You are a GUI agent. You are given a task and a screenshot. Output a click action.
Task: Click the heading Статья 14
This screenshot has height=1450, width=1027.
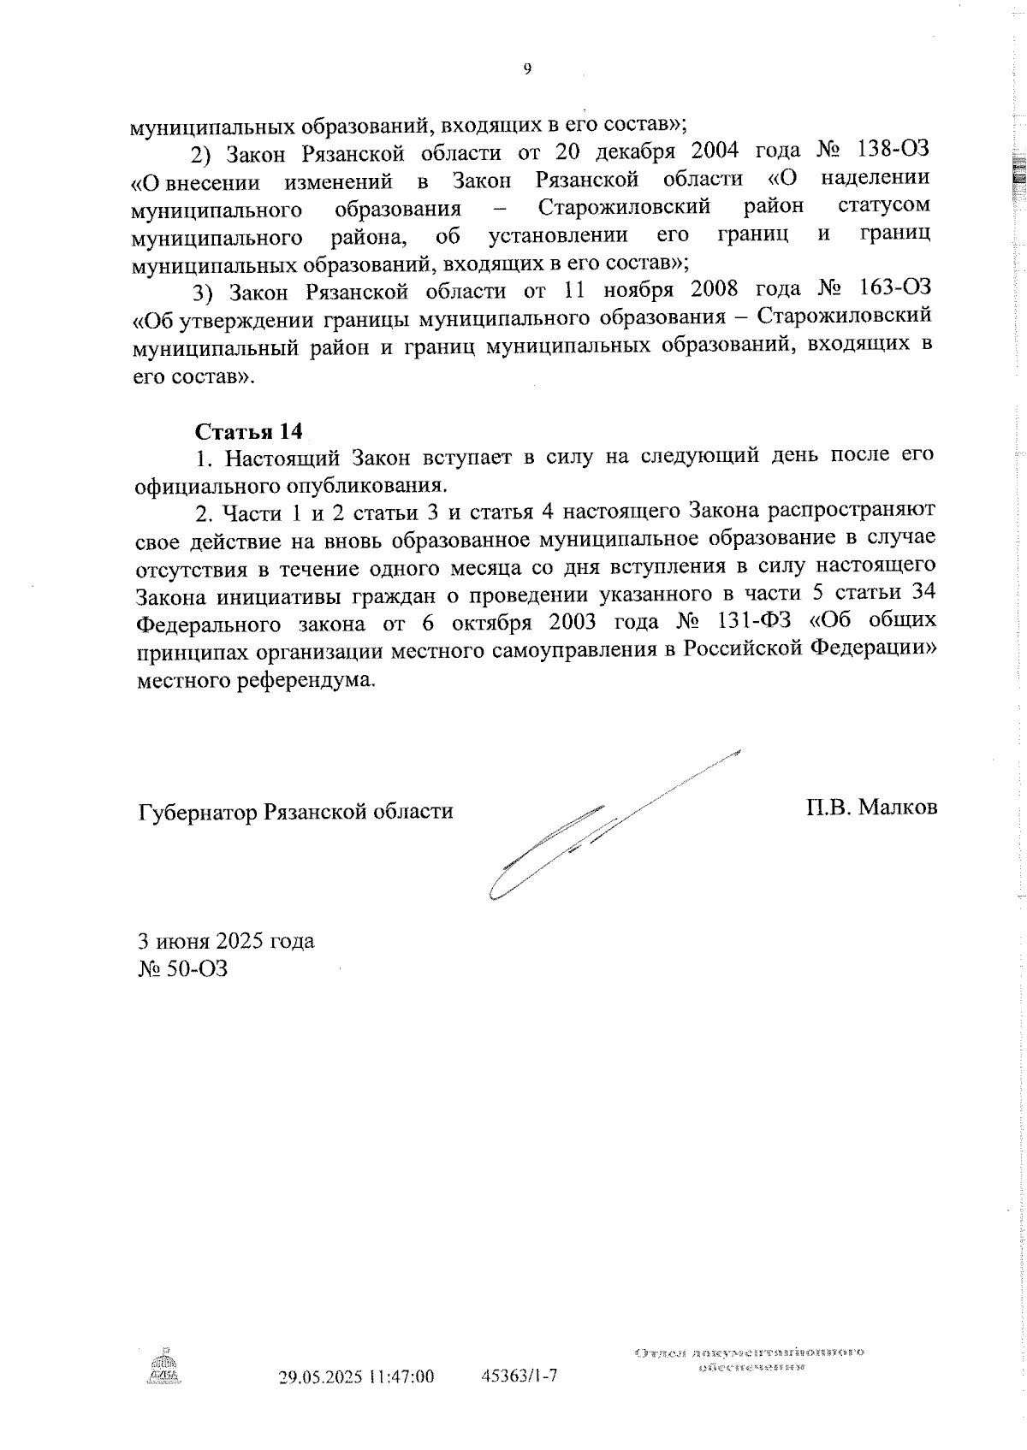tap(249, 430)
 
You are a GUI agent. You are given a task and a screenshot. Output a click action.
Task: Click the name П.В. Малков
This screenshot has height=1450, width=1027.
tap(870, 807)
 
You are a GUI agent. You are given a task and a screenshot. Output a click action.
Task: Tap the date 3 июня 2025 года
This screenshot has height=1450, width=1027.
tap(227, 941)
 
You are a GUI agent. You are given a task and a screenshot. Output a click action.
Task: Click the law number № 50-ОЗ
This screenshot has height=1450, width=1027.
tap(183, 969)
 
